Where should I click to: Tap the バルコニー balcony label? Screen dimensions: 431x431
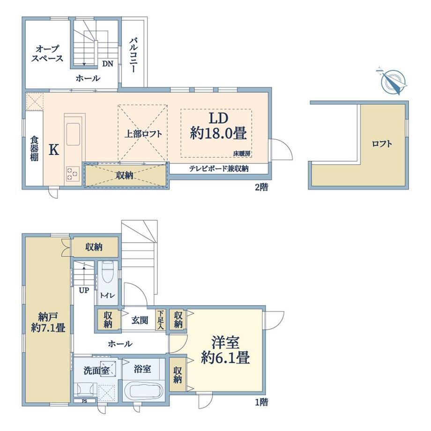pos(134,55)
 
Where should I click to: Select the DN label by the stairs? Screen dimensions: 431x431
pos(108,64)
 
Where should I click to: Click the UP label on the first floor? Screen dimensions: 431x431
pos(84,290)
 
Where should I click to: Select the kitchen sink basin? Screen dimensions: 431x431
pos(73,134)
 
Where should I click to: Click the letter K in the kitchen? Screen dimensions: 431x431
pos(54,150)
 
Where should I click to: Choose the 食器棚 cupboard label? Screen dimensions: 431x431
pos(34,148)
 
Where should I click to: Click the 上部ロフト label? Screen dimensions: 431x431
pos(143,134)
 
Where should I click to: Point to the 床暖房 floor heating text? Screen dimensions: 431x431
pos(243,154)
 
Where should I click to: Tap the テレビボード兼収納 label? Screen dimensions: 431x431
pos(219,169)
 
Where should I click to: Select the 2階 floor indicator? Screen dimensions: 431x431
pos(261,187)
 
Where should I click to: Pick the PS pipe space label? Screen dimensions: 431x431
pos(84,401)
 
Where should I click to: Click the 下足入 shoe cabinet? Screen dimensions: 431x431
pos(161,320)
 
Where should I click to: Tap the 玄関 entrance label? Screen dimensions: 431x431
pos(140,320)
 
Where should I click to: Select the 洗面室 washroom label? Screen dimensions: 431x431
pos(96,371)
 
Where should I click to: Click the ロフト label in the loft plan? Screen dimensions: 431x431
pos(382,144)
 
